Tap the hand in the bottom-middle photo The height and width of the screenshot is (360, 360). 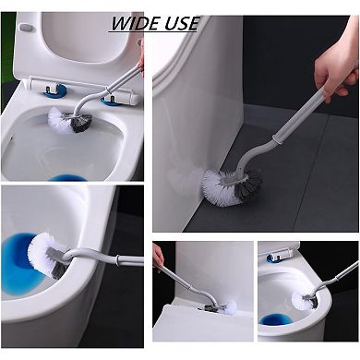click(x=158, y=258)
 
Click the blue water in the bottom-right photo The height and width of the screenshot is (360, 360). click(x=275, y=320)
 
